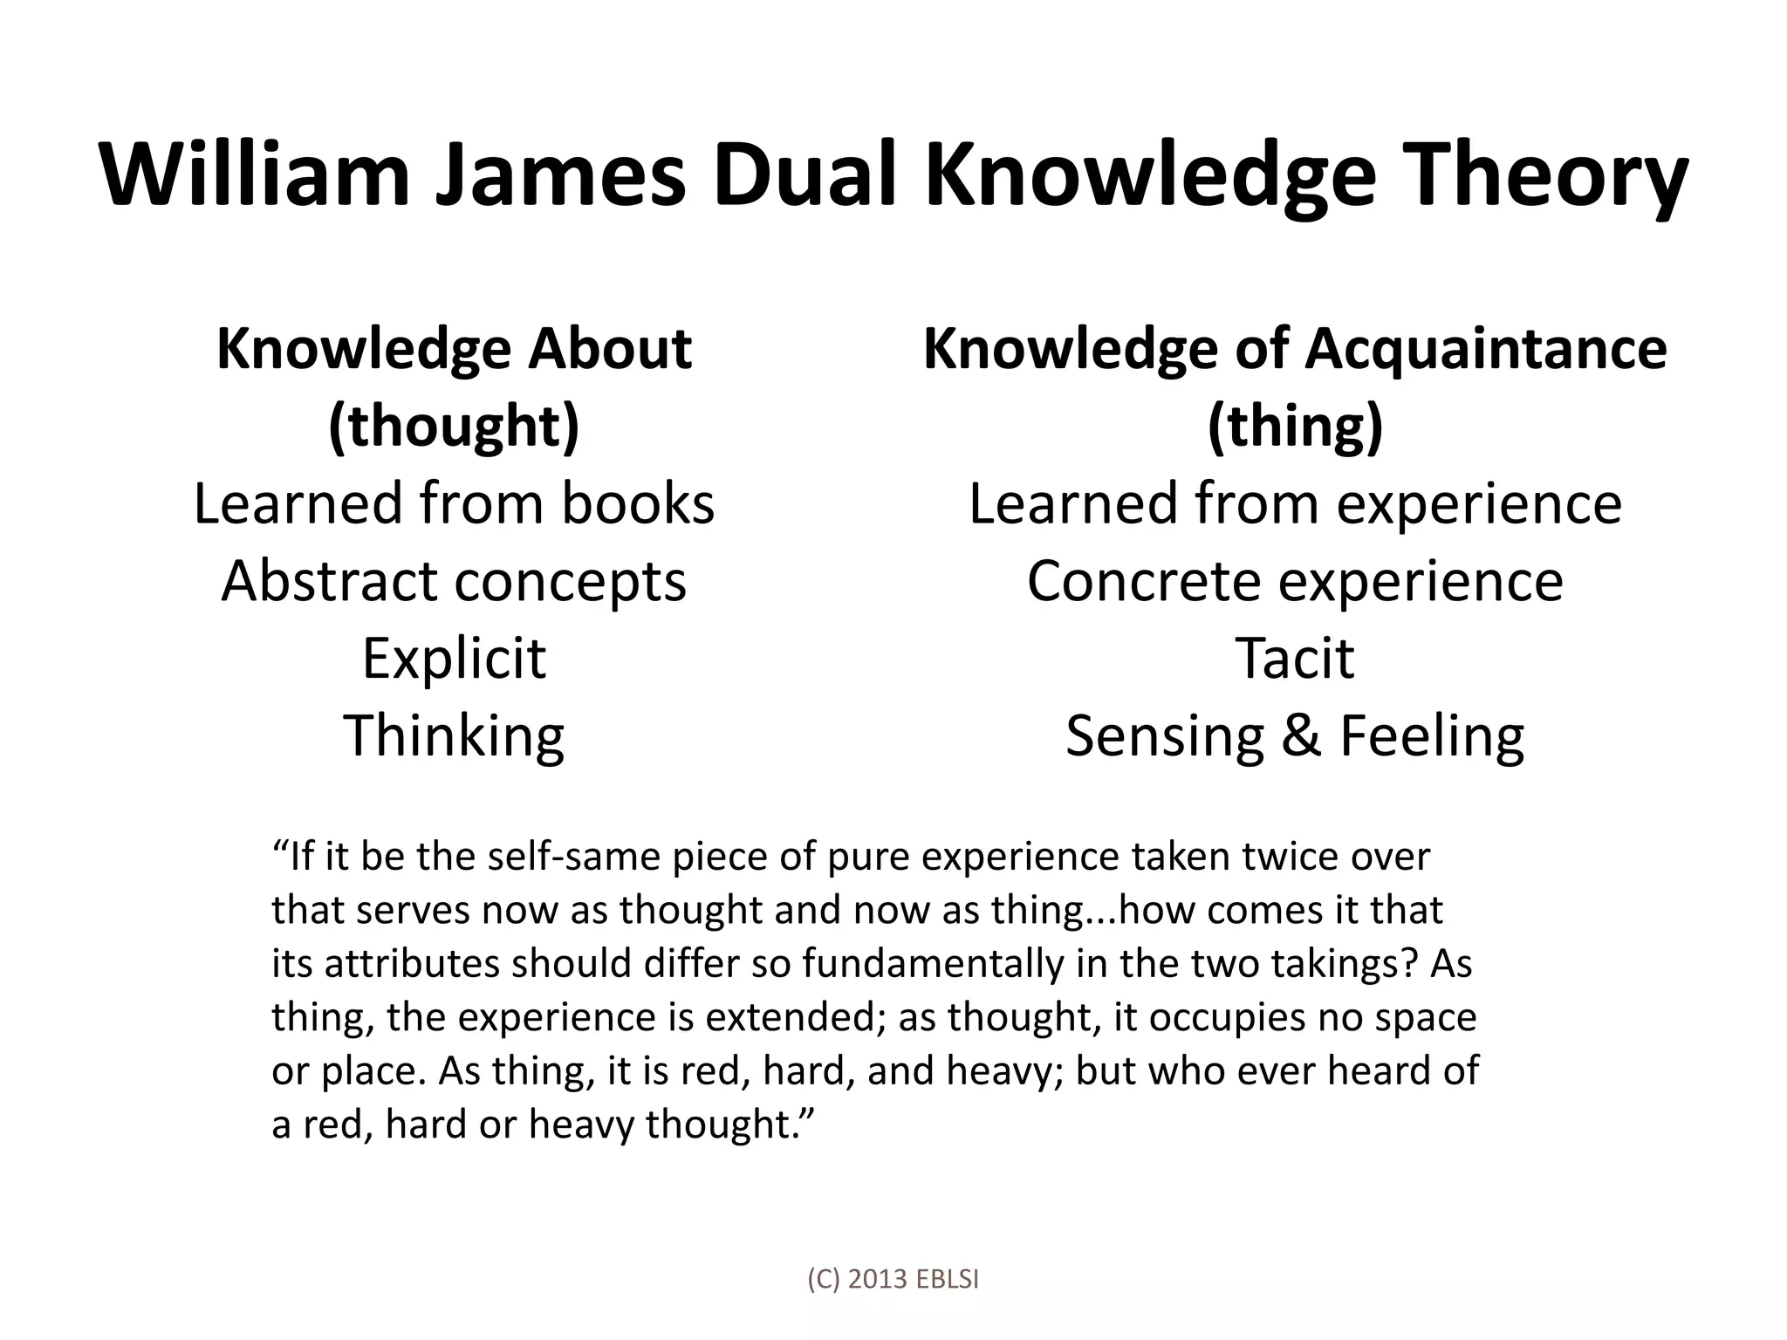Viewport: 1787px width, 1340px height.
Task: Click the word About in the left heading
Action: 610,349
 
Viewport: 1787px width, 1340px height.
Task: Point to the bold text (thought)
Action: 454,427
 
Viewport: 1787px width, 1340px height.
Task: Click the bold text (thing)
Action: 1295,427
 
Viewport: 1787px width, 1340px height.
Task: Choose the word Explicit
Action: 454,658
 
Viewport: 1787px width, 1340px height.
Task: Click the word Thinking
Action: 454,735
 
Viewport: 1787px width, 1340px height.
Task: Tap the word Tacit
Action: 1295,658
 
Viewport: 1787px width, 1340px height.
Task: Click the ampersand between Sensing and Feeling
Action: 1300,735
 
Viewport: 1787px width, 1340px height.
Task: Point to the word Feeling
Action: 1432,735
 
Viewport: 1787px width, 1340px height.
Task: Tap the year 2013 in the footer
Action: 877,1279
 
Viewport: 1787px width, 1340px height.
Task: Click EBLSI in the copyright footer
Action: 948,1279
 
